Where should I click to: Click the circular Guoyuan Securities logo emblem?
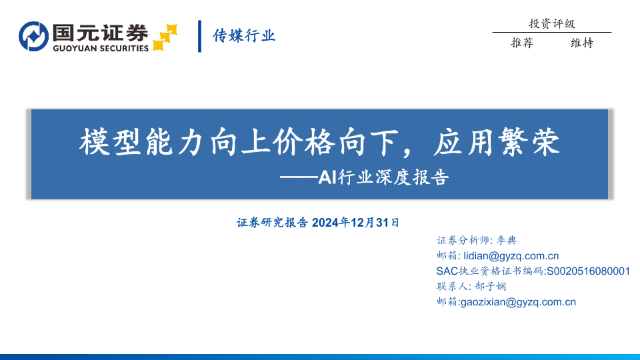33,36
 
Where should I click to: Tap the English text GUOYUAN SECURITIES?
101,48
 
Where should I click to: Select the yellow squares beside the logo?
165,37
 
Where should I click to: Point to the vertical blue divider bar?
199,36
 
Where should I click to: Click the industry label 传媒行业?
244,36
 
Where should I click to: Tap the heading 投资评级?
552,24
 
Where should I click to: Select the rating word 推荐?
522,43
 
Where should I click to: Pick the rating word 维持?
581,43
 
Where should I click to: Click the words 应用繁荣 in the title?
496,142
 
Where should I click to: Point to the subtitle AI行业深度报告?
383,177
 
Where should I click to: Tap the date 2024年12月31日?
355,223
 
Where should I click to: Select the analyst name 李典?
506,240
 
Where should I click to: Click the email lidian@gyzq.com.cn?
511,256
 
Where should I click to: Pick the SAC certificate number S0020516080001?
588,271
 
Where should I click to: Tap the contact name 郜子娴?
490,287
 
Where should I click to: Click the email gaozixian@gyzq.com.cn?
518,302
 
